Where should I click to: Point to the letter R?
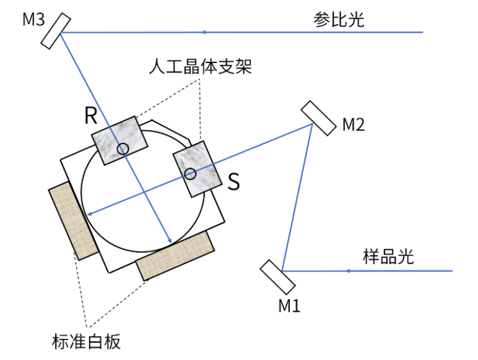[x=91, y=116]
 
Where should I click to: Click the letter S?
[x=233, y=181]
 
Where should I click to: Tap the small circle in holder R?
[x=123, y=148]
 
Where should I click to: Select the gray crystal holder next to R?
[x=119, y=141]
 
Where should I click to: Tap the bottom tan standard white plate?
[x=175, y=256]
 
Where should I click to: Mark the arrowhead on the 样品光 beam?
[x=348, y=271]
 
